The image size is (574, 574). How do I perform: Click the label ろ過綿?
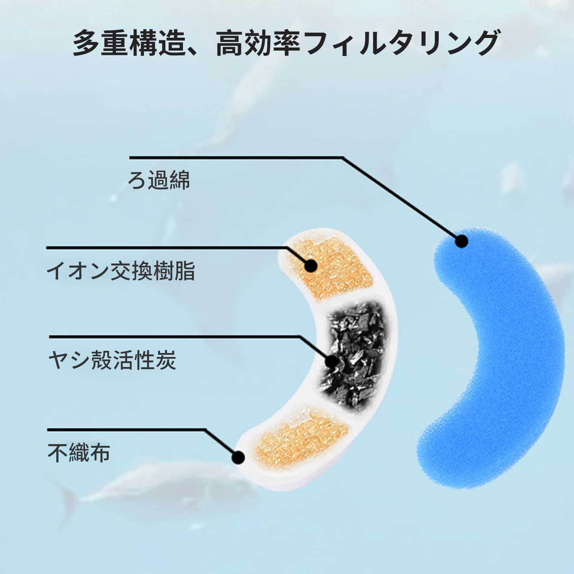pos(159,180)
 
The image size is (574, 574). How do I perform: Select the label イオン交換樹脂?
pos(121,271)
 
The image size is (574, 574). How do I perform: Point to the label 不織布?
pos(79,452)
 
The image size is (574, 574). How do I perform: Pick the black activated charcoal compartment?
pos(355,352)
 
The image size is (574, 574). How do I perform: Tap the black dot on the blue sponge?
pos(462,241)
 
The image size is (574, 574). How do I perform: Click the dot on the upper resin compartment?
pos(311,266)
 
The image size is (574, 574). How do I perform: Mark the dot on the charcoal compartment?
pos(331,362)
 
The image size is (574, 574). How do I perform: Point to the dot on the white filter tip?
pos(238,457)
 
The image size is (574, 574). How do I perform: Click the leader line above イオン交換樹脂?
pos(165,248)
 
